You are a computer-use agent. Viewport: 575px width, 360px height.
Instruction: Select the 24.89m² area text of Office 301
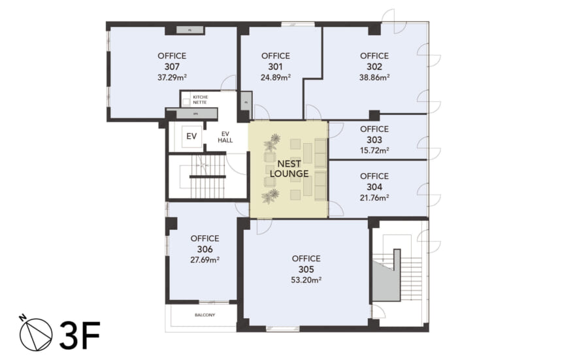coord(275,77)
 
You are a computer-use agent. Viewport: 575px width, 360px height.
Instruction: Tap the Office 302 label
coord(374,61)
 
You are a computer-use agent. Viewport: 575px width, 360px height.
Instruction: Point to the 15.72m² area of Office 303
coord(374,150)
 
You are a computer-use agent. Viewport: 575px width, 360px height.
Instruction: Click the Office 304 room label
coord(374,181)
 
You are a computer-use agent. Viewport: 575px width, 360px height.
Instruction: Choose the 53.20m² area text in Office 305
coord(306,280)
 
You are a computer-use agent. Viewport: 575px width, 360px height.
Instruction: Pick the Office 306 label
coord(205,244)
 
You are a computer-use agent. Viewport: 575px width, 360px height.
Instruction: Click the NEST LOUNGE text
coord(288,169)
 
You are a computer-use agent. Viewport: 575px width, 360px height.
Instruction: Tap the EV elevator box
coord(191,137)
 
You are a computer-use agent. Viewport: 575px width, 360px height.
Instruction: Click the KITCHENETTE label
coord(201,99)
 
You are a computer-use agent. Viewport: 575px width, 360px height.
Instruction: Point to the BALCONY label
coord(205,315)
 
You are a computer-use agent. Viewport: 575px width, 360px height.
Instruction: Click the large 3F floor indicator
coord(79,334)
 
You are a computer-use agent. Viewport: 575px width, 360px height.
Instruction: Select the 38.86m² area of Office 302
coord(374,77)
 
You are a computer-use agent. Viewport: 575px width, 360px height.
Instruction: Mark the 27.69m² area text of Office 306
coord(205,259)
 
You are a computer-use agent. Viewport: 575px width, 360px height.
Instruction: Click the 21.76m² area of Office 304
coord(374,197)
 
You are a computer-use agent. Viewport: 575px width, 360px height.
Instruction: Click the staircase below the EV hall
coord(206,177)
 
